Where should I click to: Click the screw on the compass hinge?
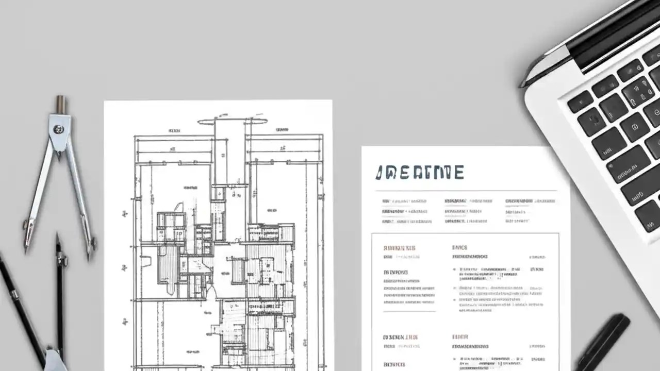59,129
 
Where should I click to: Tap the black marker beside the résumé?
603,342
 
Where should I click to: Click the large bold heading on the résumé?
419,173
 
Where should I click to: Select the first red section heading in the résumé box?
400,248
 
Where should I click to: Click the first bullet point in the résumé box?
454,269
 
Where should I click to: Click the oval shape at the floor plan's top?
233,122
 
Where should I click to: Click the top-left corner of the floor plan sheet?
105,102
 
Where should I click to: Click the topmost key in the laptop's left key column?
580,101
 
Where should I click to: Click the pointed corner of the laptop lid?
522,85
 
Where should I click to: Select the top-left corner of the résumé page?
362,147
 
